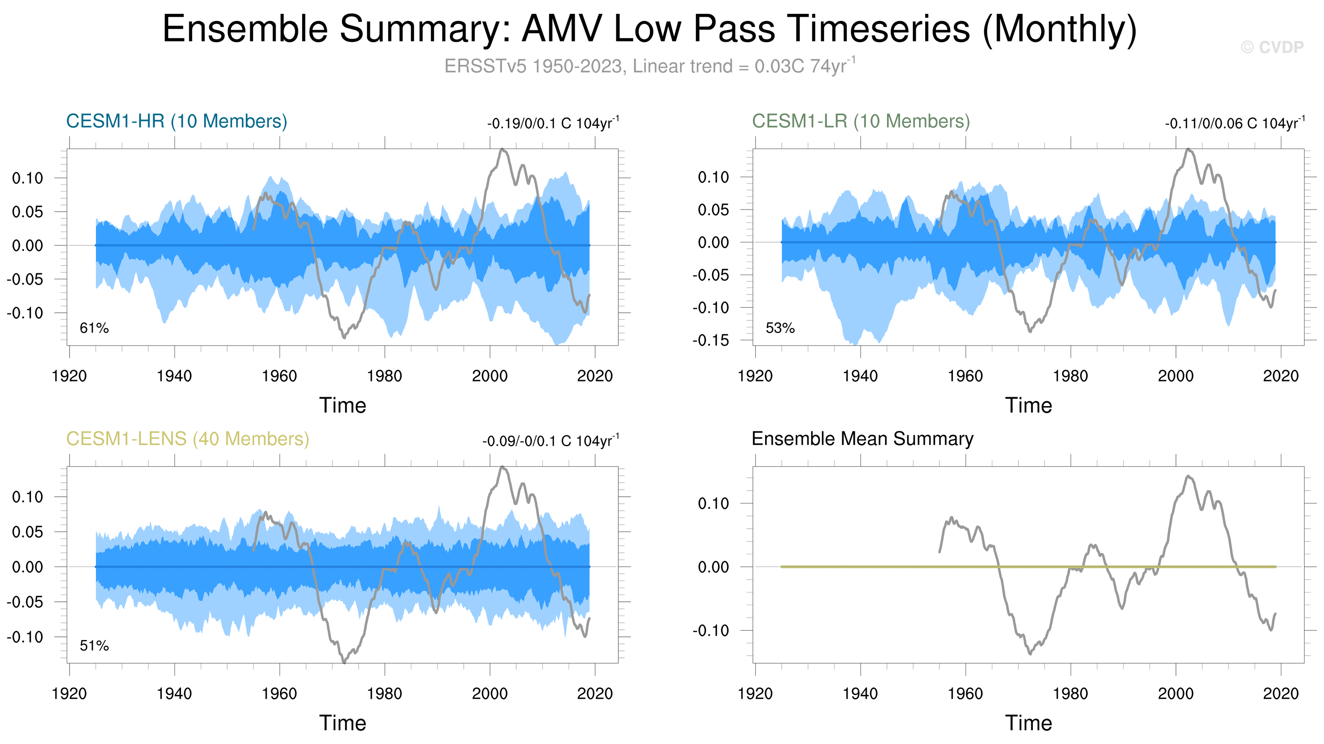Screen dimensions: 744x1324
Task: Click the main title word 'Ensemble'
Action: click(x=245, y=29)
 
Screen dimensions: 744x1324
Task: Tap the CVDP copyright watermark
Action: click(x=1272, y=47)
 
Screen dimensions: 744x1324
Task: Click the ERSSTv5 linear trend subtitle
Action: click(x=650, y=66)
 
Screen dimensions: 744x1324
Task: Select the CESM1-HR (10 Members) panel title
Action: click(x=176, y=121)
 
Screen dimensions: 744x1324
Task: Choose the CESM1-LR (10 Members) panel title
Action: click(x=861, y=121)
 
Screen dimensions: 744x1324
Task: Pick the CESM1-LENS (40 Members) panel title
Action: click(x=187, y=439)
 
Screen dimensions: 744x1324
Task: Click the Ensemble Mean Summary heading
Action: click(x=862, y=439)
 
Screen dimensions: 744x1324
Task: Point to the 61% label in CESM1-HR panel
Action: click(x=94, y=328)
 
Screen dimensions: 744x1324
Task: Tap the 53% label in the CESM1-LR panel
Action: click(x=780, y=328)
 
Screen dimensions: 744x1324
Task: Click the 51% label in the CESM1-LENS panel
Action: click(x=94, y=645)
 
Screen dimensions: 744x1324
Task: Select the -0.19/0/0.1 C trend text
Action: click(x=553, y=123)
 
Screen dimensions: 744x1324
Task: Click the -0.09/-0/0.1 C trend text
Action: click(x=550, y=441)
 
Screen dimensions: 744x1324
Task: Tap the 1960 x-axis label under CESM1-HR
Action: click(x=279, y=376)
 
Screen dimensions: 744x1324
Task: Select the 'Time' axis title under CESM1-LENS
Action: click(x=343, y=723)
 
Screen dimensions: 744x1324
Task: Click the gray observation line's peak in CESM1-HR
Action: click(x=502, y=149)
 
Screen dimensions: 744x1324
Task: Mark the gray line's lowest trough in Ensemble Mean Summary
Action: click(x=1030, y=653)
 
